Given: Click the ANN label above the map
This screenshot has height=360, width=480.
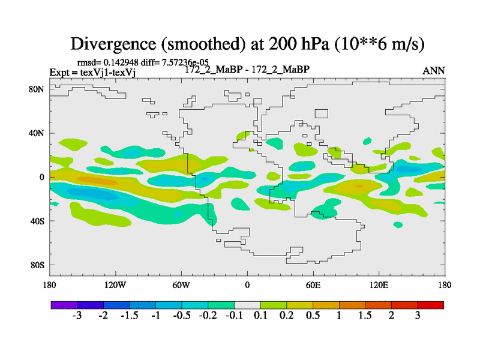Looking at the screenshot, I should tap(434, 70).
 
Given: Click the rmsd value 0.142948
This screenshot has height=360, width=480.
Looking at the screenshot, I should tap(121, 62).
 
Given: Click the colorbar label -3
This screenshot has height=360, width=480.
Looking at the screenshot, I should tap(77, 316).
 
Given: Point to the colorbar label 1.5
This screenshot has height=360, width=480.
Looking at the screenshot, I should tap(365, 316).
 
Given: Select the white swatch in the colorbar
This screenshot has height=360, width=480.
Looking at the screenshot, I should tap(247, 305).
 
